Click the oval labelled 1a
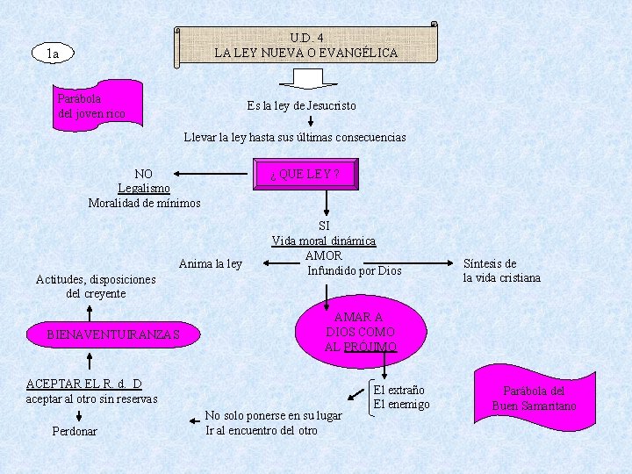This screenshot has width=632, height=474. click(x=54, y=54)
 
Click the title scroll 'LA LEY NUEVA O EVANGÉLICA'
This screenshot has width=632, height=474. click(x=305, y=46)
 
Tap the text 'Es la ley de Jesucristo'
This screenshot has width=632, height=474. click(x=301, y=105)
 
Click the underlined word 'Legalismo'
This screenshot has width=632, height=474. click(x=144, y=188)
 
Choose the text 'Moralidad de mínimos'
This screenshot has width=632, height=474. click(x=144, y=203)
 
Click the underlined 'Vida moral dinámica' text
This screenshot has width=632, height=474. click(x=323, y=241)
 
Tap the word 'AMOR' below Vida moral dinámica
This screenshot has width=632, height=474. click(x=323, y=255)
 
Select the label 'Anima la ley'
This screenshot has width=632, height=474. click(x=210, y=263)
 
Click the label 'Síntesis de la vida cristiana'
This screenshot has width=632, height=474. click(x=501, y=270)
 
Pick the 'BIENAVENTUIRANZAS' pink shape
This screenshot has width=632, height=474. click(x=113, y=334)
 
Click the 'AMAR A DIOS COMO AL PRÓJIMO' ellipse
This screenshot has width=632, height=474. click(x=360, y=332)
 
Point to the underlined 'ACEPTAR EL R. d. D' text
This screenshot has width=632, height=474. click(x=84, y=384)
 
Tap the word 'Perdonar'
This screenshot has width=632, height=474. click(x=75, y=431)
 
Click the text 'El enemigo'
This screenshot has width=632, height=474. click(x=401, y=404)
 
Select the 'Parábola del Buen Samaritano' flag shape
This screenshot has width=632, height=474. click(x=534, y=397)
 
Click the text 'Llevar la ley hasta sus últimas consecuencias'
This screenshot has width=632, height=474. click(x=294, y=137)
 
